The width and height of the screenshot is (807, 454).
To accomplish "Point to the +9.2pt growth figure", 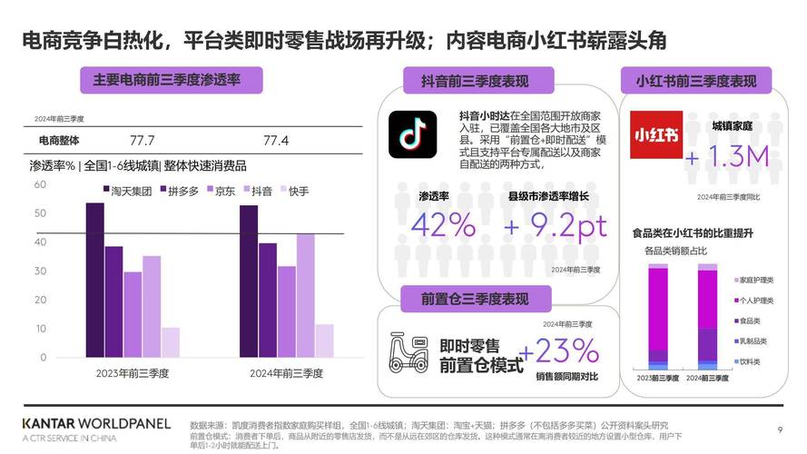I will tap(556, 225).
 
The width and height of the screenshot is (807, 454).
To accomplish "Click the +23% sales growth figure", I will tap(559, 350).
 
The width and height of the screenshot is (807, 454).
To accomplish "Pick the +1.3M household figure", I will tap(727, 156).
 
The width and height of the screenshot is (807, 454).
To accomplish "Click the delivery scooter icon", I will tap(408, 350).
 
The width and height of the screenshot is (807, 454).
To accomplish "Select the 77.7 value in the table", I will tap(143, 141).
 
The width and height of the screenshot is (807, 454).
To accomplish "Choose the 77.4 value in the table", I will tap(276, 141).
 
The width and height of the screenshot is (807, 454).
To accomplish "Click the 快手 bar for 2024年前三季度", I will tap(324, 340).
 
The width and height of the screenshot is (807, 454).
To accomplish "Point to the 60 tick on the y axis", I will tap(40, 184).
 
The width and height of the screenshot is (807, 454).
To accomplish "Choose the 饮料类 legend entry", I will tap(748, 361).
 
